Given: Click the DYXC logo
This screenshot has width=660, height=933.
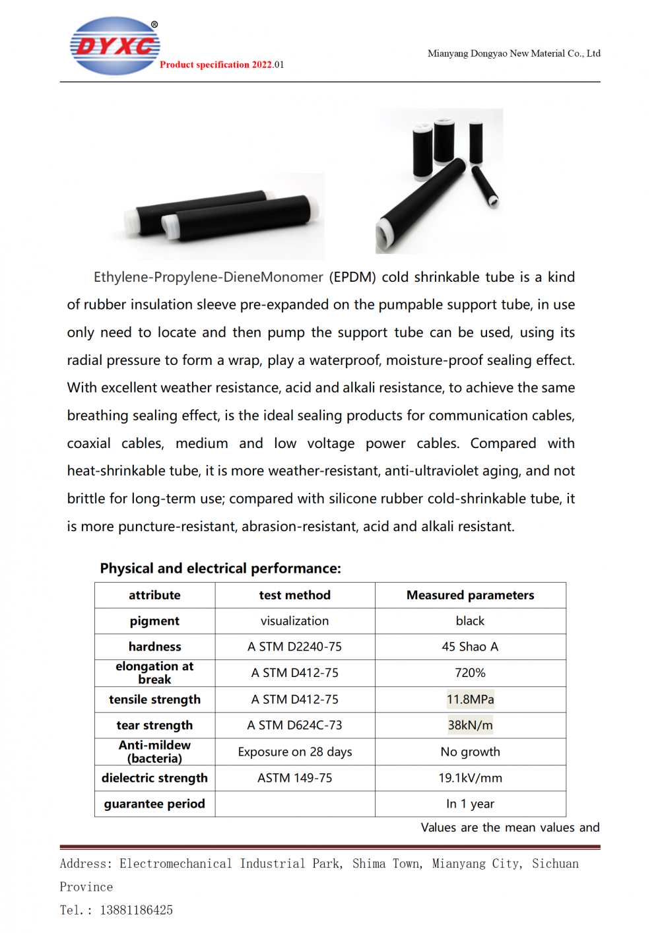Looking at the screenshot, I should tap(115, 46).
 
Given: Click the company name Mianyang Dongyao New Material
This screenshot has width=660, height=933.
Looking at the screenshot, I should tap(513, 53).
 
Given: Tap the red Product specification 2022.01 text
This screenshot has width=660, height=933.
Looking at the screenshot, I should tap(221, 65).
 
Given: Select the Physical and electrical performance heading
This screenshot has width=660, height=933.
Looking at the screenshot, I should tap(220, 568).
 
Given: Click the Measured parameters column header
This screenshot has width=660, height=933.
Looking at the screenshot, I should tap(470, 595).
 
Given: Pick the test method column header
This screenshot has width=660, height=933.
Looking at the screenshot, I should tap(294, 595).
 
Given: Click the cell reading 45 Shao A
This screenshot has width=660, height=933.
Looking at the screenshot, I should tap(470, 647).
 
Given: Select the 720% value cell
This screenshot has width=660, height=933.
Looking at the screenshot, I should tap(470, 673).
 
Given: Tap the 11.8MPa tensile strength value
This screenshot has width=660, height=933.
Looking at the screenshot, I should tap(470, 699).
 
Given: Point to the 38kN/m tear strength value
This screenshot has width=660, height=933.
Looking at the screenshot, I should tap(470, 725).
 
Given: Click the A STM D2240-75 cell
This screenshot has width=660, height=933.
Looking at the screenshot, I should tap(294, 647).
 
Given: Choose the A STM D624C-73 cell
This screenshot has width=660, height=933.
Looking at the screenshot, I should tap(294, 725).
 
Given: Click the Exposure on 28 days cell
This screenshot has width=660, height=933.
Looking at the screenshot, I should tap(294, 752).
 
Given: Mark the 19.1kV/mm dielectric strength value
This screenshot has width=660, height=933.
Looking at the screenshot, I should tap(470, 778).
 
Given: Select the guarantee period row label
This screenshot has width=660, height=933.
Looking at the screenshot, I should tap(154, 804).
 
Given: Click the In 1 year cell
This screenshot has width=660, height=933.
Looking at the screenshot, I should tap(470, 804).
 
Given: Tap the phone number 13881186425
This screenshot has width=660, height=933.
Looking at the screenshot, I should tap(136, 911).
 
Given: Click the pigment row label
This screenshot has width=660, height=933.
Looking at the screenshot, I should tap(154, 621).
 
